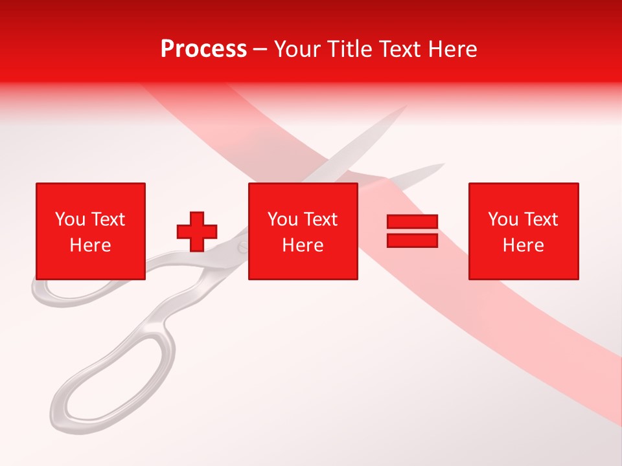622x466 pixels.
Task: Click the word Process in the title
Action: pyautogui.click(x=203, y=49)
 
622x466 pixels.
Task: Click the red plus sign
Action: pyautogui.click(x=197, y=231)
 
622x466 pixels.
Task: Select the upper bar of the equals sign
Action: pyautogui.click(x=412, y=221)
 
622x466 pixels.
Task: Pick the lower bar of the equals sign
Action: pyautogui.click(x=412, y=240)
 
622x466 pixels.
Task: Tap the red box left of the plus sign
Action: pyautogui.click(x=90, y=231)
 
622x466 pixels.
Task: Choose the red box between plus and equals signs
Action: pyautogui.click(x=303, y=231)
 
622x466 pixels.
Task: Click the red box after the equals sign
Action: pyautogui.click(x=523, y=231)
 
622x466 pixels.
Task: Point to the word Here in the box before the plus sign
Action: pyautogui.click(x=90, y=245)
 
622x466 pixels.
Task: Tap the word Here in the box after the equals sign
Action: pyautogui.click(x=523, y=245)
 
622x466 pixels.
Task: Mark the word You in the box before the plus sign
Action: pyautogui.click(x=70, y=219)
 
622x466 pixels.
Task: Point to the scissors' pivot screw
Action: pyautogui.click(x=242, y=247)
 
